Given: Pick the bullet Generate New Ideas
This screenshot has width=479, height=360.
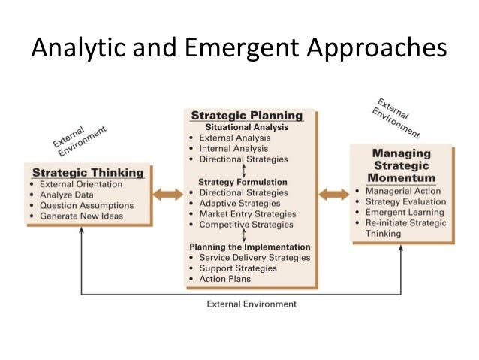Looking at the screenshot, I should [84, 216].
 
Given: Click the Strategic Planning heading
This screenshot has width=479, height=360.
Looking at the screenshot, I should [247, 116].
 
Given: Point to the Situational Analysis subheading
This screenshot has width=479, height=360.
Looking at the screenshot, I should [246, 127].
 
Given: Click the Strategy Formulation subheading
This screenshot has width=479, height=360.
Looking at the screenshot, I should [243, 181].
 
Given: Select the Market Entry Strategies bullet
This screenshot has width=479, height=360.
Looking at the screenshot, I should [248, 214].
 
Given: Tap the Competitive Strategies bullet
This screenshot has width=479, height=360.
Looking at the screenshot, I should [246, 225].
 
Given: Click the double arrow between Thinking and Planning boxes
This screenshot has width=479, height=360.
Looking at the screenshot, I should [168, 195].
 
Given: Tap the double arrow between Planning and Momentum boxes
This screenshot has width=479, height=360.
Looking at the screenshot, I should [333, 195].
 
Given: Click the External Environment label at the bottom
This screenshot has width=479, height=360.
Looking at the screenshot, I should [251, 304].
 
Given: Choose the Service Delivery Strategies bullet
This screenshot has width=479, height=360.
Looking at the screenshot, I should [255, 258].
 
